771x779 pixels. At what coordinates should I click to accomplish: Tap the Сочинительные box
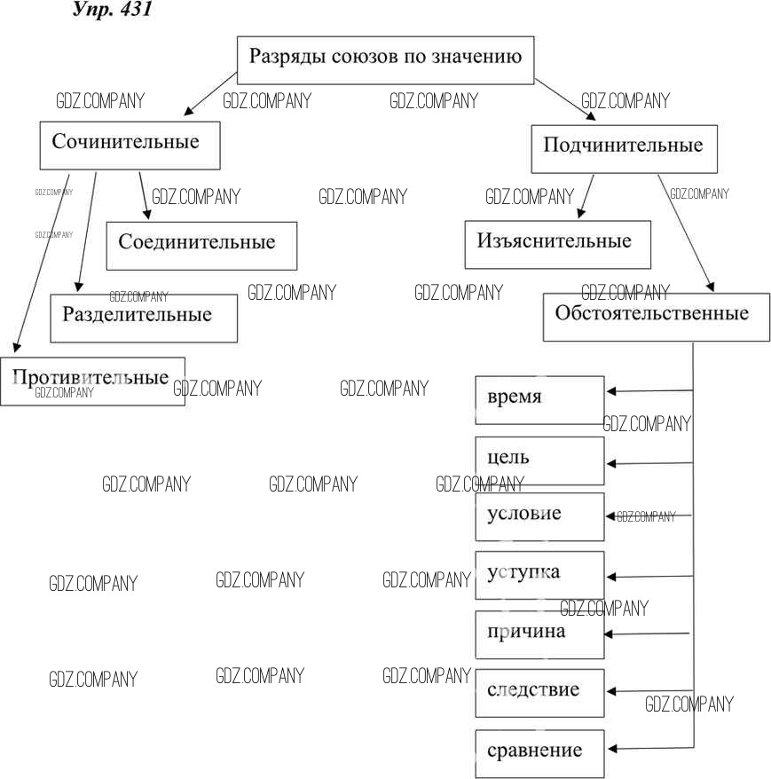pos(130,145)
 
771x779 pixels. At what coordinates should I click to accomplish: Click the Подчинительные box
pos(623,147)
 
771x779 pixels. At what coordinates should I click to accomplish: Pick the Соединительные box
pos(201,245)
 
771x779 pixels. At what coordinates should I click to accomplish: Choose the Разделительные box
pos(144,318)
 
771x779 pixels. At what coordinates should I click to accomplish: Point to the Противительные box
pos(92,381)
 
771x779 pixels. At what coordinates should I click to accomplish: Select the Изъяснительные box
pos(557,244)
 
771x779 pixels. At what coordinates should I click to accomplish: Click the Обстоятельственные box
pos(656,316)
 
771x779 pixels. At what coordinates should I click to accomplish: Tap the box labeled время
pos(539,399)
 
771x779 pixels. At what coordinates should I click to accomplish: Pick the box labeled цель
pos(539,460)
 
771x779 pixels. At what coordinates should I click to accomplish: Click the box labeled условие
pos(539,516)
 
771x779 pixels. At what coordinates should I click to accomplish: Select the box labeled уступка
pos(539,574)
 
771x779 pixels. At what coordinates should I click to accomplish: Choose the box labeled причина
pos(539,634)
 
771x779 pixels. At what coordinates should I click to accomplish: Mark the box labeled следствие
pos(539,692)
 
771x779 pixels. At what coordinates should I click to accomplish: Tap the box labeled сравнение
pos(539,753)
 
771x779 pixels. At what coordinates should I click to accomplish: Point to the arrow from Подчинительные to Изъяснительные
pos(586,196)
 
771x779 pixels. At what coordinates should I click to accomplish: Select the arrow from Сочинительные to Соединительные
pos(143,195)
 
